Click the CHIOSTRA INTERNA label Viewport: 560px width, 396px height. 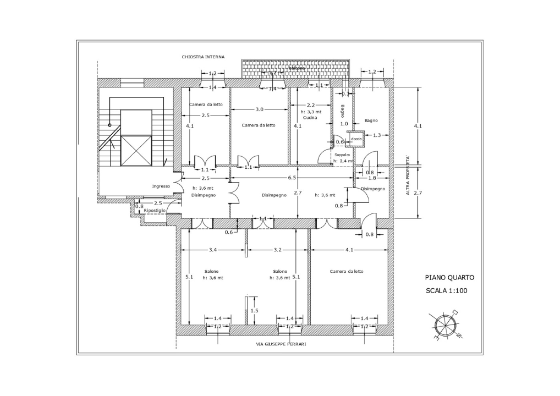click(203, 57)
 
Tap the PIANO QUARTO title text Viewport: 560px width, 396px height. click(449, 278)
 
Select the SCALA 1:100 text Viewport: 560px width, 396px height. click(446, 291)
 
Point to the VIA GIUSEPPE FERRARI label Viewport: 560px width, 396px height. click(281, 344)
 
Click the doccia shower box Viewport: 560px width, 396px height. click(356, 139)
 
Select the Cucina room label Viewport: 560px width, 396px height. click(310, 117)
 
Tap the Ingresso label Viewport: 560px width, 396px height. click(161, 186)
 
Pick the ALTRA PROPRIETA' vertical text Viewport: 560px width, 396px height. click(408, 175)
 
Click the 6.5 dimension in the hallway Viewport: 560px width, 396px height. click(292, 178)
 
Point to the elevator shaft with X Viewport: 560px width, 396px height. click(136, 150)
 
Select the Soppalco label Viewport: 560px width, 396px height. click(342, 155)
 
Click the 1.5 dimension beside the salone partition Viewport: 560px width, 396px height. click(254, 311)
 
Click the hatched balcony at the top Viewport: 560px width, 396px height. click(295, 69)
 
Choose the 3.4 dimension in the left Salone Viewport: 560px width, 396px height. click(212, 250)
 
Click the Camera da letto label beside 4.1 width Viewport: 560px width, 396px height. click(347, 271)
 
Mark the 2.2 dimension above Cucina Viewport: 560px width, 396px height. click(311, 105)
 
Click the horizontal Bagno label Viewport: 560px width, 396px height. click(371, 120)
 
